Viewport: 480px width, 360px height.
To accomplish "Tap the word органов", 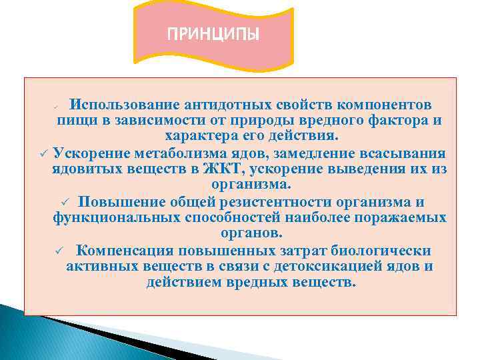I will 251,234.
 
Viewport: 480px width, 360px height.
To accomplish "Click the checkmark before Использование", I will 57,107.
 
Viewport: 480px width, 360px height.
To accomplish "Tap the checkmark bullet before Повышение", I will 65,203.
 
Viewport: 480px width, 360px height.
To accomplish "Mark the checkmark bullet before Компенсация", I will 59,251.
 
